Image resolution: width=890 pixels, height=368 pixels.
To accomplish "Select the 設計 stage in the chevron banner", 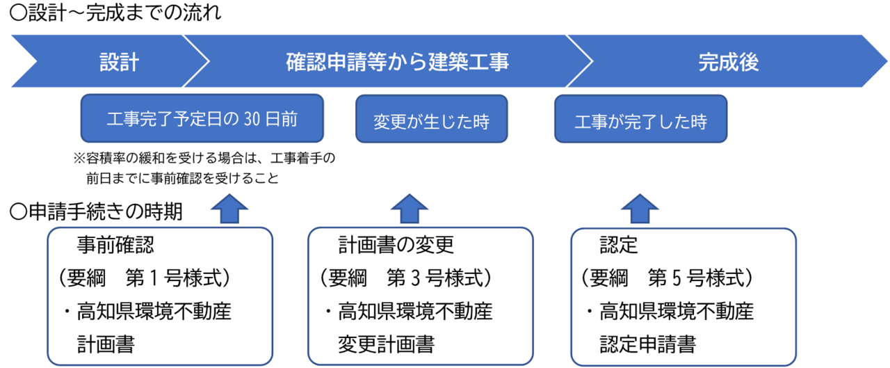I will (119, 63).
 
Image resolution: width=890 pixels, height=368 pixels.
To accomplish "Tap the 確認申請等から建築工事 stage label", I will (398, 63).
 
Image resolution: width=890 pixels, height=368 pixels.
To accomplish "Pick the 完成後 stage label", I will (728, 63).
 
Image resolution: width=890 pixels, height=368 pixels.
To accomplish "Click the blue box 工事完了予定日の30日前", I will (202, 119).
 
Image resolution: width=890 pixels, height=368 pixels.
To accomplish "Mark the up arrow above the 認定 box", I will (639, 209).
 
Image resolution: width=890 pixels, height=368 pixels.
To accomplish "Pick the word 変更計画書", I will (386, 344).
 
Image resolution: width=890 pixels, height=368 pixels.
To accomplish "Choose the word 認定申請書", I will (647, 344).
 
